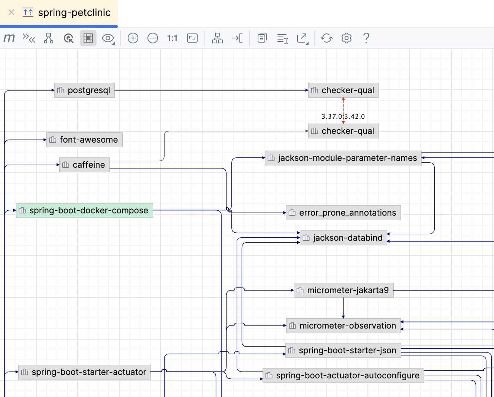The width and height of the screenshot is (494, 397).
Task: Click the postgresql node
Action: [84, 91]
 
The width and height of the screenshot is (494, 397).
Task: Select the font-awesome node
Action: [84, 140]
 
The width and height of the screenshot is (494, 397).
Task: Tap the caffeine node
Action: [84, 165]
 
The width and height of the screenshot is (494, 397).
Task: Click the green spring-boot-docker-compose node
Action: [84, 211]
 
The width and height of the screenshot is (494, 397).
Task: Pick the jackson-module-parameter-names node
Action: [343, 158]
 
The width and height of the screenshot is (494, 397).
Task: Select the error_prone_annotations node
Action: [343, 213]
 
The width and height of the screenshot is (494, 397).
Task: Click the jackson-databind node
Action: [343, 238]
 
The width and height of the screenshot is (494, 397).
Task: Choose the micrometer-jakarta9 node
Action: [343, 291]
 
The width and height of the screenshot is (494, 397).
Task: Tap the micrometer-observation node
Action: [343, 326]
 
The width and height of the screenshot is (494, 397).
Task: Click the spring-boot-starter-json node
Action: [343, 351]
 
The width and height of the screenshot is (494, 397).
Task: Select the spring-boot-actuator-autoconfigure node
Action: [343, 376]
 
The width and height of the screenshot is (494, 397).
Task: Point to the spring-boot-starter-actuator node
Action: [84, 372]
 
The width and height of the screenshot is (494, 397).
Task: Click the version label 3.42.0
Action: [355, 116]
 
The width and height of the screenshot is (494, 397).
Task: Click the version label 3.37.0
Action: [332, 116]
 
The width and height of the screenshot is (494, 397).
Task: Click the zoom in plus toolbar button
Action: [133, 38]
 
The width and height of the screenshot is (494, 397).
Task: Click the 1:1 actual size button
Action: [172, 38]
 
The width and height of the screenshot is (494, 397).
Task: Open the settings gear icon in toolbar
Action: [347, 38]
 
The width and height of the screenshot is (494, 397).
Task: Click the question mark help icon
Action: [366, 38]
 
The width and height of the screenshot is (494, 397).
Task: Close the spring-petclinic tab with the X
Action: [11, 13]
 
